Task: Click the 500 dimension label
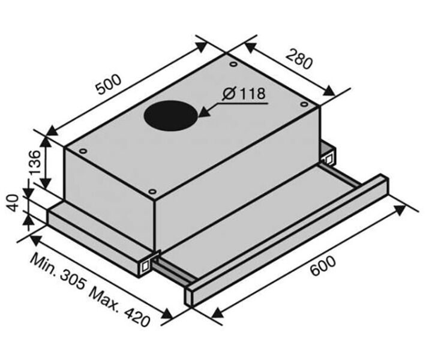point(109,84)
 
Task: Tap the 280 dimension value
point(299,59)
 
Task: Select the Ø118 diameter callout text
point(244,94)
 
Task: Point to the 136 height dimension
point(35,162)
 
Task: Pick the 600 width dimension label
point(323,266)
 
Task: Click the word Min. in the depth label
point(43,263)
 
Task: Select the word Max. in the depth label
point(104,298)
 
